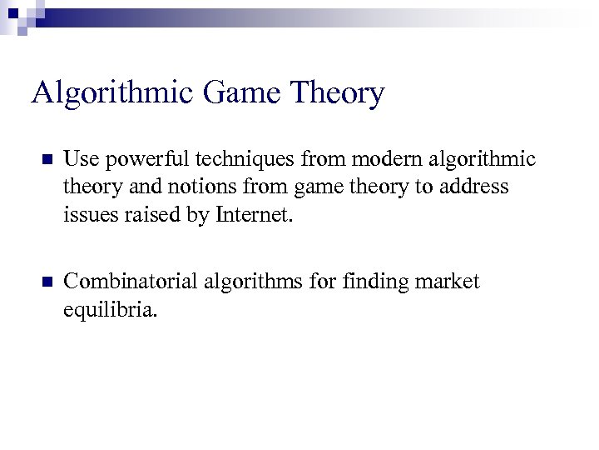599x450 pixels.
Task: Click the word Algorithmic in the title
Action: click(x=110, y=93)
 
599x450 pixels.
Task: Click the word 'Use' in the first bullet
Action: click(x=79, y=158)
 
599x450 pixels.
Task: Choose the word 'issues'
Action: click(x=84, y=215)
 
